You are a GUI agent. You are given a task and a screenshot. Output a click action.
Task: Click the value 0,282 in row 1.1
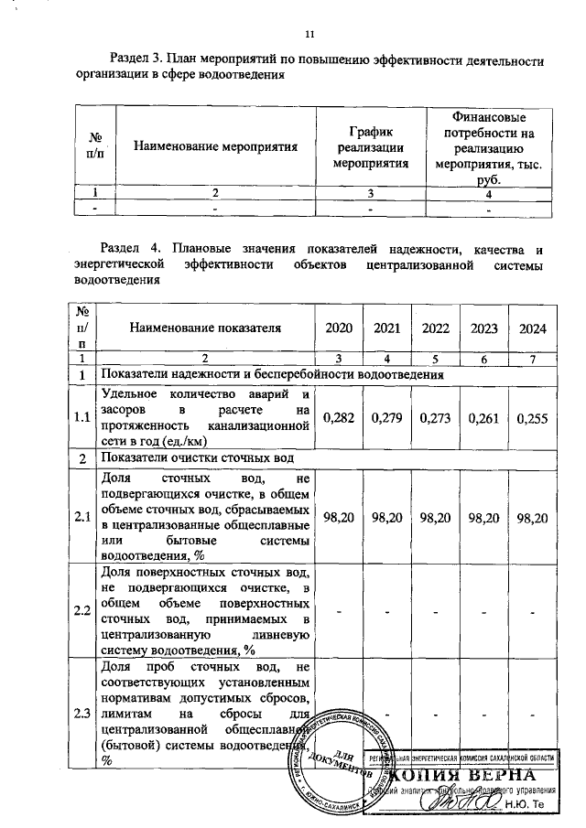point(339,418)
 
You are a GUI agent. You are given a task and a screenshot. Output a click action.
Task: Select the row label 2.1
point(82,517)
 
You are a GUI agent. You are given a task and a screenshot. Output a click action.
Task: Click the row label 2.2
point(82,610)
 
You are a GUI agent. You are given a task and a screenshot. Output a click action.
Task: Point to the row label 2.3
point(82,715)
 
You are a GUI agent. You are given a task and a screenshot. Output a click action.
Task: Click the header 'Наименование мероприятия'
point(216,145)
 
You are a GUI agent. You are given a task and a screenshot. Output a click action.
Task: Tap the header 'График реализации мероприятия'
point(371,145)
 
